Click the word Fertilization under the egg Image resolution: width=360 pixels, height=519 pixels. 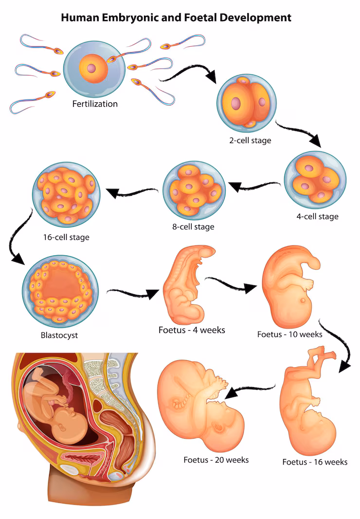[95, 104]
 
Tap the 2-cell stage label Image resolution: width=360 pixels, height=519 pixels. [250, 141]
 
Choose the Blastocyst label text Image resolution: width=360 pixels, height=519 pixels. [59, 335]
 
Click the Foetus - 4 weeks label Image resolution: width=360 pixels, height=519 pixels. [192, 330]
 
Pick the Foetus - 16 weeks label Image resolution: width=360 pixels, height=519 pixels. [315, 462]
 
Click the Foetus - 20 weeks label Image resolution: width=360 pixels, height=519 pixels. [216, 460]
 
